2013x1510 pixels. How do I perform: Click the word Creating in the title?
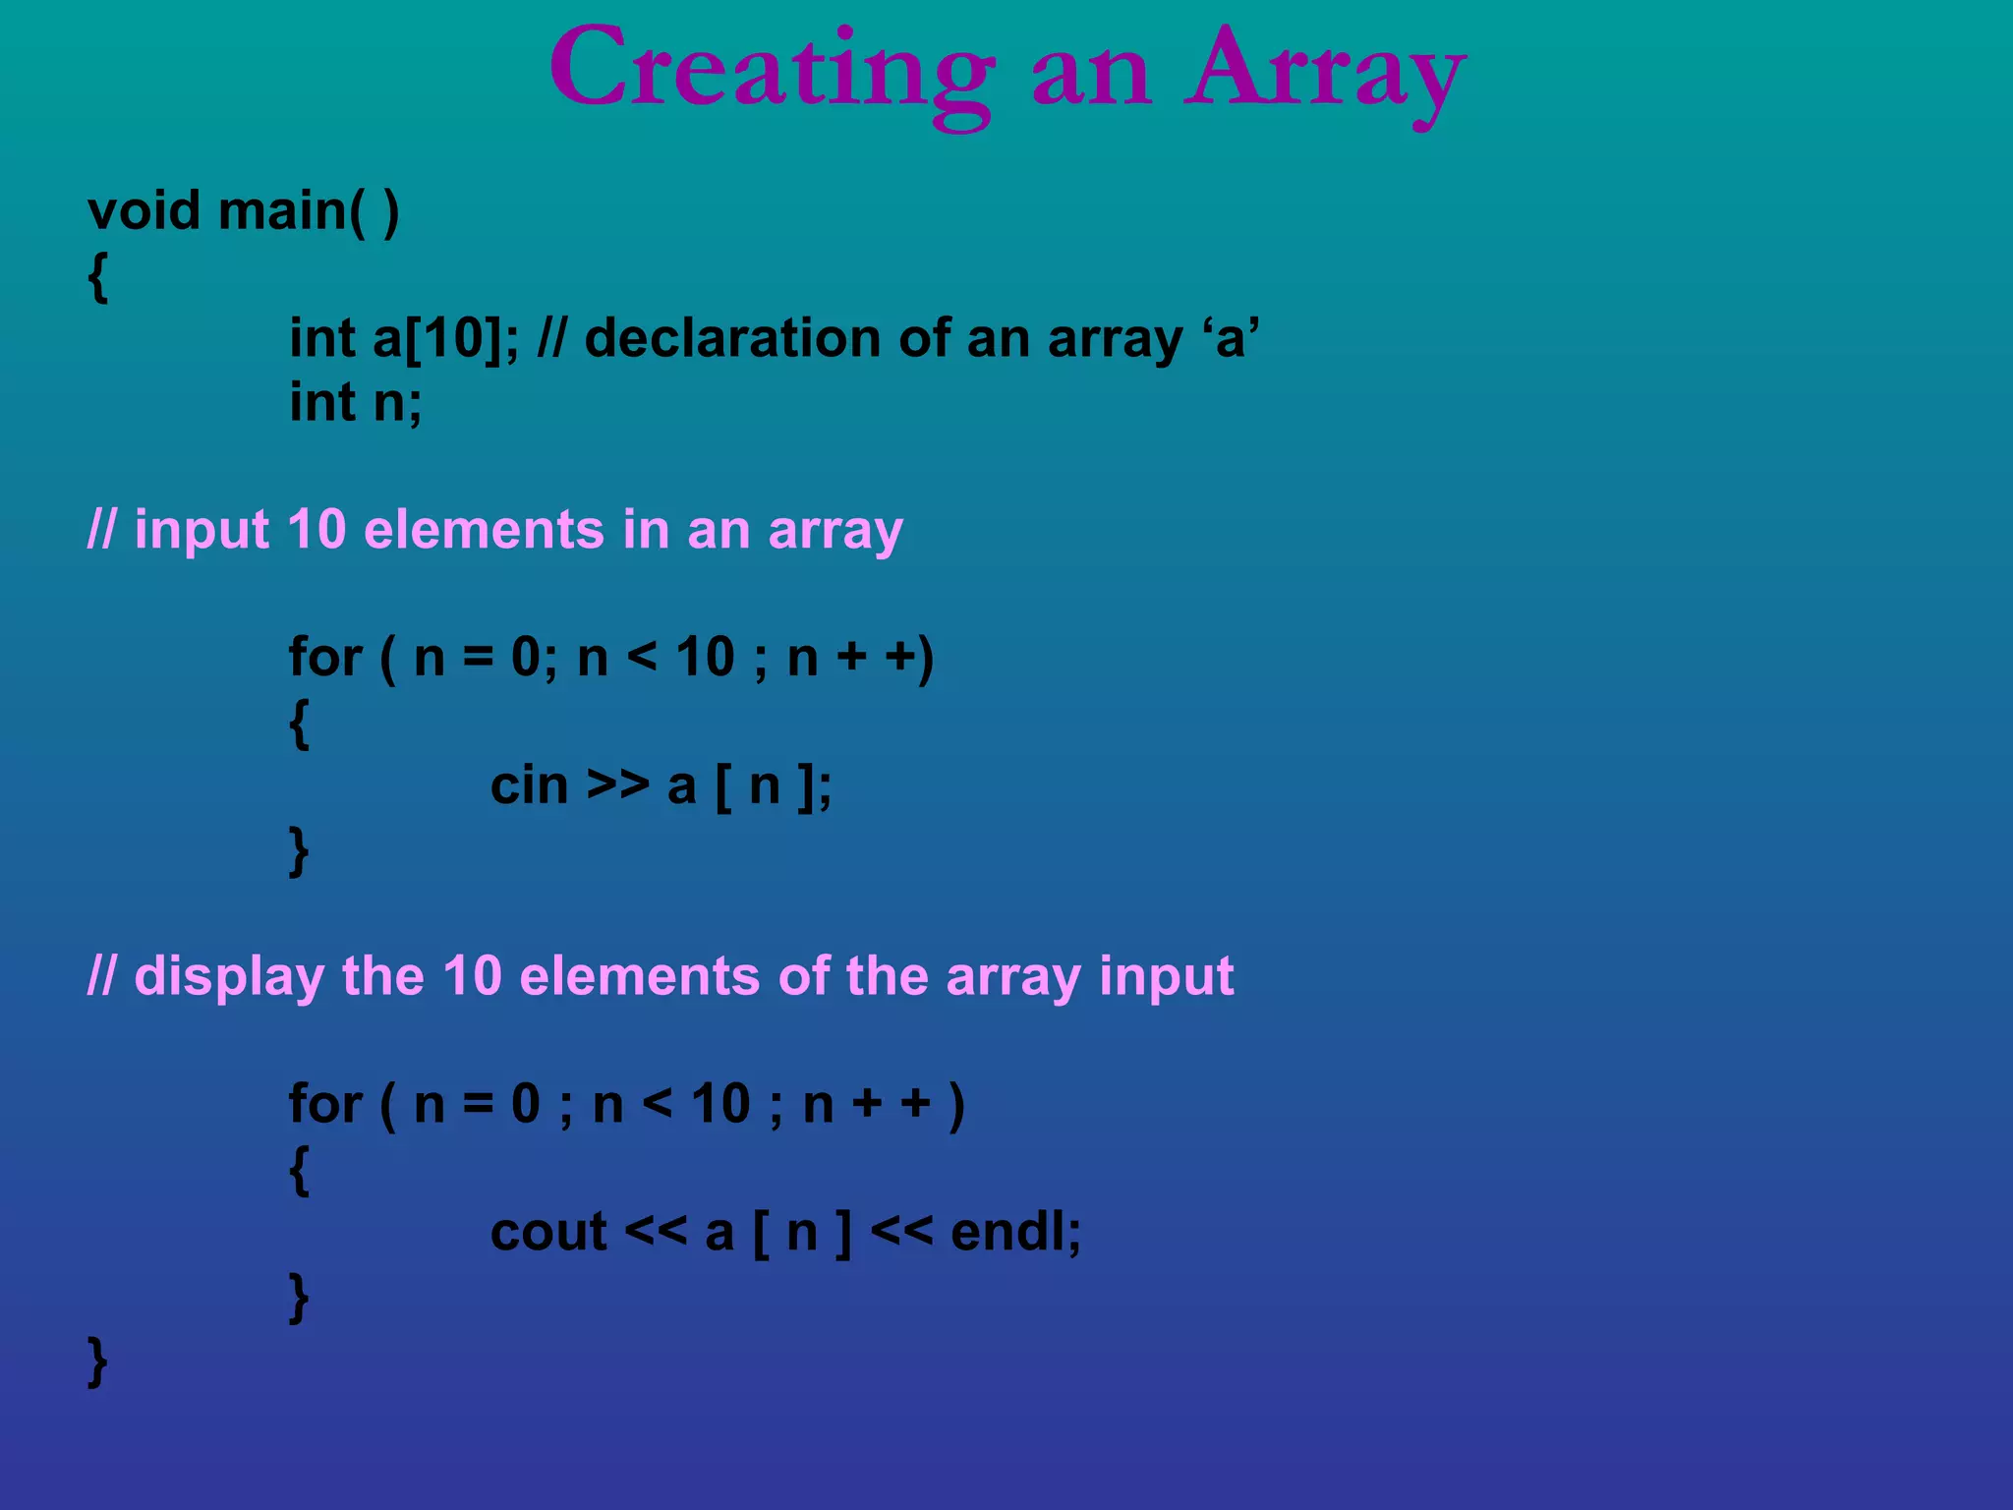(x=772, y=71)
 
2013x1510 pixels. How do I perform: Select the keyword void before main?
(x=144, y=211)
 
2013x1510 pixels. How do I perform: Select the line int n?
(x=355, y=403)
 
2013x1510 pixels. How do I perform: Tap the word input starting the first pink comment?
(x=201, y=531)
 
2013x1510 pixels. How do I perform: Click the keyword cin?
(x=529, y=786)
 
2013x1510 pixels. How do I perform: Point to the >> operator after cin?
(x=618, y=786)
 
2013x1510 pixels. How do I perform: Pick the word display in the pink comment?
(x=229, y=977)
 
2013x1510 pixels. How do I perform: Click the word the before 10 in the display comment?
(x=382, y=977)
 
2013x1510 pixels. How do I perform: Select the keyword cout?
(x=548, y=1233)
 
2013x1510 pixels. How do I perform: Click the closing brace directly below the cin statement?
(x=299, y=851)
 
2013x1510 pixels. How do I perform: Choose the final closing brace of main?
(x=97, y=1362)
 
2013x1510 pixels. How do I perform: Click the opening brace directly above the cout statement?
(x=299, y=1170)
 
